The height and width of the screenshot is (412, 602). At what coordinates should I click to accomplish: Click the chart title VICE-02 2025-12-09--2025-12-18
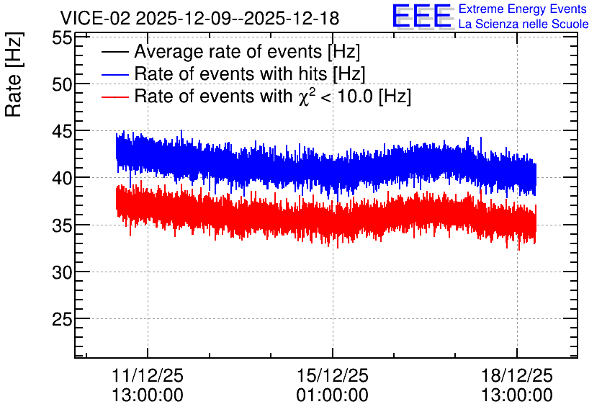(x=199, y=18)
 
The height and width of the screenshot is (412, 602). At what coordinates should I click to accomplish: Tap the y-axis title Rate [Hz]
(x=14, y=74)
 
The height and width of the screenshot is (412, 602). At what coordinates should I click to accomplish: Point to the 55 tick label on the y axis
(x=62, y=38)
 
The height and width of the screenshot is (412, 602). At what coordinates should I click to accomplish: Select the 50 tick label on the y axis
(x=62, y=84)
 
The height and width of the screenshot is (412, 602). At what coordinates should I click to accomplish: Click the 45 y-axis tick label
(x=62, y=132)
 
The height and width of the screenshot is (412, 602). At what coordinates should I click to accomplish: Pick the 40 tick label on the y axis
(x=62, y=178)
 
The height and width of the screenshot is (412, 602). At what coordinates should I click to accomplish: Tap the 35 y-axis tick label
(x=62, y=225)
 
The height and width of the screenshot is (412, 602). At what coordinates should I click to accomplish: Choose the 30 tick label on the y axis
(x=62, y=272)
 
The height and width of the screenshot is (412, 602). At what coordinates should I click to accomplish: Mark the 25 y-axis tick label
(x=62, y=319)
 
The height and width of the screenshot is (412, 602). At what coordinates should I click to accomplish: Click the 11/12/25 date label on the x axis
(x=148, y=375)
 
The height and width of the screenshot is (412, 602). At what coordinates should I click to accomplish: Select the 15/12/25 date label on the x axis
(x=333, y=375)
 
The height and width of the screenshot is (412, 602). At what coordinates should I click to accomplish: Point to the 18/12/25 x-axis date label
(x=517, y=375)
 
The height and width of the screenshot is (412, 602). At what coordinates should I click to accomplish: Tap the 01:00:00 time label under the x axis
(x=333, y=395)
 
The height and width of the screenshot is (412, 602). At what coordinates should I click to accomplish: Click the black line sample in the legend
(x=114, y=52)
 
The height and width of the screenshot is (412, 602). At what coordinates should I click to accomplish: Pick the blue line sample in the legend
(x=114, y=74)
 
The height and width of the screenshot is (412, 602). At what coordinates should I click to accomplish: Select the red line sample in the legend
(x=114, y=97)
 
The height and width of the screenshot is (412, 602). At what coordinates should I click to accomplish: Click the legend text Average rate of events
(x=228, y=51)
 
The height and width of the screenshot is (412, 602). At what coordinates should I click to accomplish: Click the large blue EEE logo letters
(x=422, y=16)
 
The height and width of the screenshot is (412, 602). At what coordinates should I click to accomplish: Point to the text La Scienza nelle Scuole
(x=524, y=24)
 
